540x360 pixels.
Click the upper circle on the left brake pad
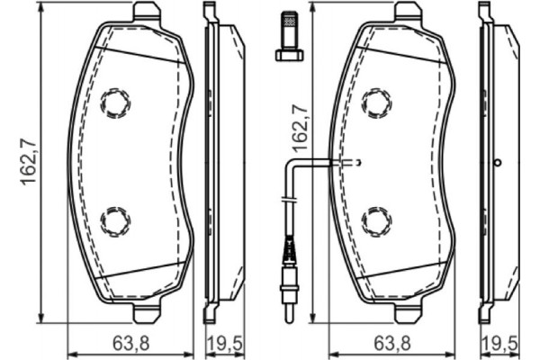click(115, 103)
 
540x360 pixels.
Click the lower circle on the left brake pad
click(115, 219)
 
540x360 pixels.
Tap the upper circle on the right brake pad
click(375, 103)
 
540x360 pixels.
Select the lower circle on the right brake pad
click(375, 219)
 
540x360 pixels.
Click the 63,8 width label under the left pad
click(130, 343)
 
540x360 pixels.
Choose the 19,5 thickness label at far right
click(499, 343)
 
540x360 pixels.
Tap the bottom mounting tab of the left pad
click(147, 312)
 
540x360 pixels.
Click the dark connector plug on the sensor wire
click(288, 246)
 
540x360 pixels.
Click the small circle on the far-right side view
click(498, 162)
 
